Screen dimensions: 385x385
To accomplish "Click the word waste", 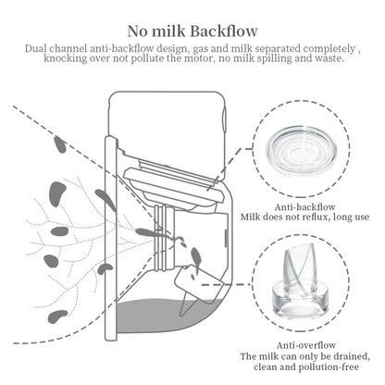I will tap(331, 58).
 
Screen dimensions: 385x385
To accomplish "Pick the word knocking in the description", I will tap(76, 58).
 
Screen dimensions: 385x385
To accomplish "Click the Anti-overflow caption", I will tap(304, 343).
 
